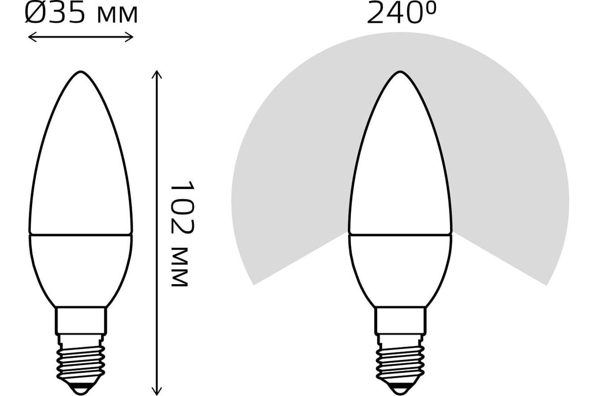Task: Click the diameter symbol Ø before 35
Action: [35, 12]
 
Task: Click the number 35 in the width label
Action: [66, 12]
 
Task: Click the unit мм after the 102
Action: [180, 267]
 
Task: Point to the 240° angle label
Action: [401, 12]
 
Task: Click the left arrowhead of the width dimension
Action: [32, 37]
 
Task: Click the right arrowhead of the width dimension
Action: [129, 37]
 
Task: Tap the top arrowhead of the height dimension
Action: [157, 75]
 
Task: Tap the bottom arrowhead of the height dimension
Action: [157, 391]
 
